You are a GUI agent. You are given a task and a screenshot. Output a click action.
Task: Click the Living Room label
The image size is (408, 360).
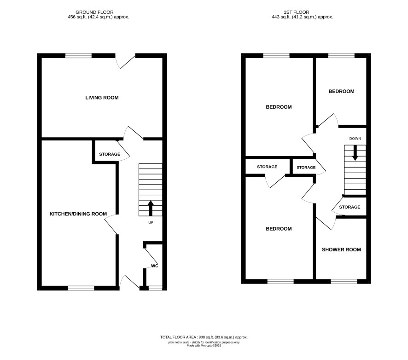102,98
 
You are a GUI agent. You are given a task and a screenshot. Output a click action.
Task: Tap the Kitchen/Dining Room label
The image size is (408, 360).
78,214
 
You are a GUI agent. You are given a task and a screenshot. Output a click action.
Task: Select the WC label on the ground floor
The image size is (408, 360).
155,266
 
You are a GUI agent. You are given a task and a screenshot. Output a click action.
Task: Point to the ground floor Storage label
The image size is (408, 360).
110,154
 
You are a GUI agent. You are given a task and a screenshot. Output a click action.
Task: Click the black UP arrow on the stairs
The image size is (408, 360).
151,208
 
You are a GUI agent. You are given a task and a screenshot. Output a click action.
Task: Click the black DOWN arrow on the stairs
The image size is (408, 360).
355,153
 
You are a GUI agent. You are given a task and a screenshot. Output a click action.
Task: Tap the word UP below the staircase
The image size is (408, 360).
151,223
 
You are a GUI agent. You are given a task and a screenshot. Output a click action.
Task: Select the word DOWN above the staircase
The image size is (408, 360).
355,139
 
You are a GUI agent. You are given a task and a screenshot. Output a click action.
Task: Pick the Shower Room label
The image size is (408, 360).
341,250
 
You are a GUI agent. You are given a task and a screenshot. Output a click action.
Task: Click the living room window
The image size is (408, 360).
78,55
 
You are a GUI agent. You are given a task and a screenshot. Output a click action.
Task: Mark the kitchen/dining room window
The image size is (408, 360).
81,288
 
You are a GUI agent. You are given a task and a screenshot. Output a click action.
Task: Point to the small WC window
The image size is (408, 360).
155,288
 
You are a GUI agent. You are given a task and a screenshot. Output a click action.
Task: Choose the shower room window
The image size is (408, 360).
344,281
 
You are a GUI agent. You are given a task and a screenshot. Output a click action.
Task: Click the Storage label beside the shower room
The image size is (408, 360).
350,207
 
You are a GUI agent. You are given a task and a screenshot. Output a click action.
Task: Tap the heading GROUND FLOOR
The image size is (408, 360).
94,12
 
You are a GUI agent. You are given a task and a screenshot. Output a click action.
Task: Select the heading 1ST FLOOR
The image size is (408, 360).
297,12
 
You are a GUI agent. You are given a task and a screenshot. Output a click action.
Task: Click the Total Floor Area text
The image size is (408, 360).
204,337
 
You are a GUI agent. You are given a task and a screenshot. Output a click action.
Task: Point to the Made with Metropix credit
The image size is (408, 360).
204,346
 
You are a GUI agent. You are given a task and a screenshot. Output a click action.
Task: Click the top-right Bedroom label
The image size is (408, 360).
341,91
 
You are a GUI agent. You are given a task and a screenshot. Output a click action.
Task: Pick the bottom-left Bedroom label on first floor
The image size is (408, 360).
279,229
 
